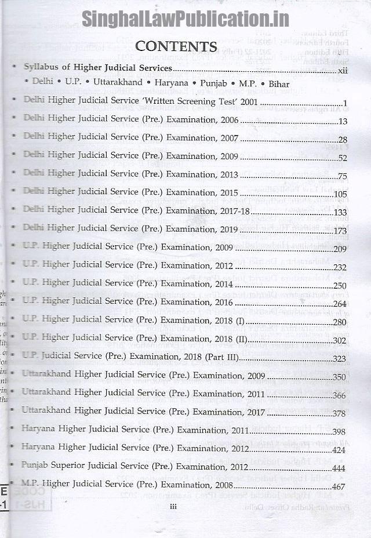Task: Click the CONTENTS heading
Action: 176,46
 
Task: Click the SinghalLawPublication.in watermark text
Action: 185,19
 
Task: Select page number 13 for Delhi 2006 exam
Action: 343,121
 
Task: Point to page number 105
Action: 340,194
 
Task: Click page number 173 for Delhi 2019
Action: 340,231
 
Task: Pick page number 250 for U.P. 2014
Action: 340,285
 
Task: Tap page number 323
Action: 339,359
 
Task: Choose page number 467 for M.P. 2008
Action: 339,486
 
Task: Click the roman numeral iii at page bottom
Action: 173,507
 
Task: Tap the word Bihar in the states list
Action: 278,85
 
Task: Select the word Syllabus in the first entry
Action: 41,67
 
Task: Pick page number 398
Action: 339,432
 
